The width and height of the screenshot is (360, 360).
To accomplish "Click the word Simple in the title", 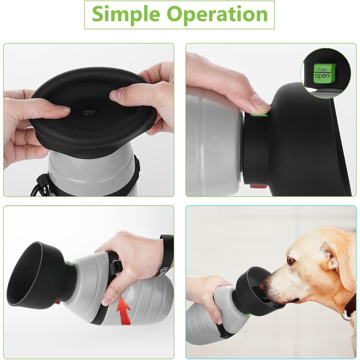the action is (x=126, y=14).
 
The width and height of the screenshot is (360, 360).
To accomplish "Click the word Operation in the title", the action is (x=217, y=14).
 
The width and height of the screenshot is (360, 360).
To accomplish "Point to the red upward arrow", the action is (x=123, y=311).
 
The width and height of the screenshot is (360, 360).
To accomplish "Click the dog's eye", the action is (x=291, y=261).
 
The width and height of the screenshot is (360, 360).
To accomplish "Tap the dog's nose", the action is (x=262, y=286).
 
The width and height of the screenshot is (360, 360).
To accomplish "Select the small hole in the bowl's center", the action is (x=89, y=112).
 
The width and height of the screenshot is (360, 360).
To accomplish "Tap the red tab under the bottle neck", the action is (x=259, y=186).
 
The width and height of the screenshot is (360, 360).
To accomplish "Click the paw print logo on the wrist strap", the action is (x=164, y=271).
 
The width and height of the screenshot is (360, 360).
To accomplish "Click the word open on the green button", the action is (x=322, y=76).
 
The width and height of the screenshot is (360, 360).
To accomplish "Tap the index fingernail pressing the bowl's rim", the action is (x=115, y=94).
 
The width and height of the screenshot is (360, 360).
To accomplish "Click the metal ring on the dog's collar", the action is (x=345, y=317).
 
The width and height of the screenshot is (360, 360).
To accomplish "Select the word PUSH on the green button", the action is (x=322, y=70).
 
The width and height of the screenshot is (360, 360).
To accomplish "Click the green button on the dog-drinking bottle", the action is (x=248, y=315).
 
